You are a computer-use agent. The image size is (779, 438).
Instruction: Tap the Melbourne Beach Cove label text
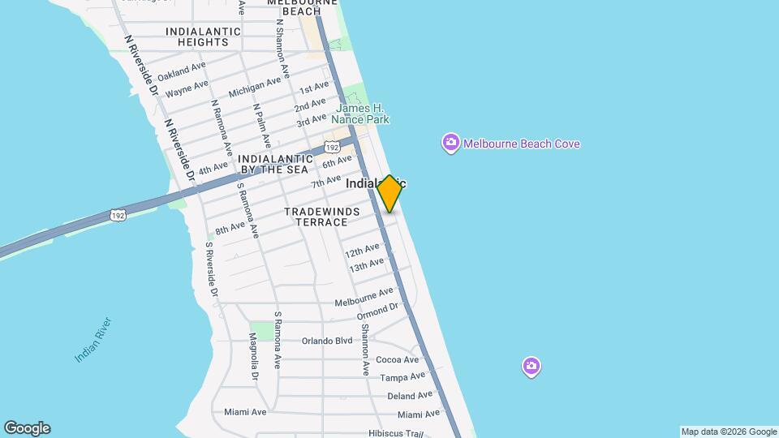pos(521,144)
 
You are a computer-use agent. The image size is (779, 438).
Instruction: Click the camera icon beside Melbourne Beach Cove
pos(450,144)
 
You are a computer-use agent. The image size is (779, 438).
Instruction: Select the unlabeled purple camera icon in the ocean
pos(531,367)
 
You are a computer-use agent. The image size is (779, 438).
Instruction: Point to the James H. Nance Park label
pos(360,114)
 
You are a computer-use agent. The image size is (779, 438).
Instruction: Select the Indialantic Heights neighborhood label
pos(203,36)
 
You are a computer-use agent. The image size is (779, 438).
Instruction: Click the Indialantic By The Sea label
pos(275,164)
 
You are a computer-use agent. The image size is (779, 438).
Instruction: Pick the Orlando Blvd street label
pos(327,341)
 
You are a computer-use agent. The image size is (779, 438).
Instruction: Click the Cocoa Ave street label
pos(398,360)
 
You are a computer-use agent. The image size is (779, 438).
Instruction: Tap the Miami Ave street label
pos(245,412)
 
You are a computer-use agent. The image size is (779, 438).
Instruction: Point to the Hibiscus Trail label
pos(396,433)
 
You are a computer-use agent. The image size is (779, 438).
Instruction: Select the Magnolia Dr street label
pos(254,357)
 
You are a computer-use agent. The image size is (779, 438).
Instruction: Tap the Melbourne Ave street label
pos(364,298)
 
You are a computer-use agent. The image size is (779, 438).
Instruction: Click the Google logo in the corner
pos(27,428)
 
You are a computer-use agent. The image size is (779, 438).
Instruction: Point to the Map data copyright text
pos(729,432)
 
